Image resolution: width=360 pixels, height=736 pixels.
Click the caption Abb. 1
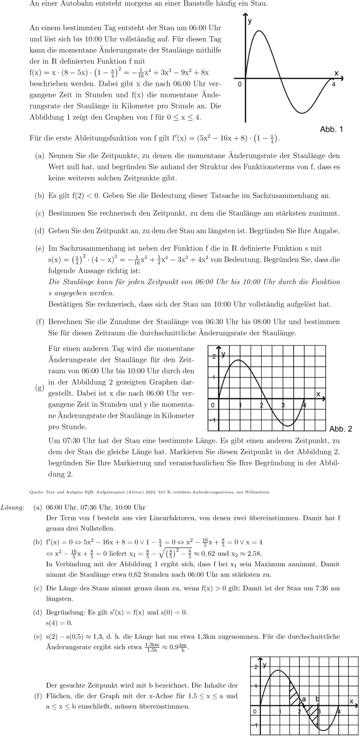point(331,129)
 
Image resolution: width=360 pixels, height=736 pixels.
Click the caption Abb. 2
point(341,429)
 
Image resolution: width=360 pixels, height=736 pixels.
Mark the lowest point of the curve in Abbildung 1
point(302,113)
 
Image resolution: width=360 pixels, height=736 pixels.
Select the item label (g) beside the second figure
point(40,388)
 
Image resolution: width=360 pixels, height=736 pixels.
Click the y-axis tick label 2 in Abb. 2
point(214,356)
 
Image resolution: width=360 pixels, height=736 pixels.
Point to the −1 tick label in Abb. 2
point(213,420)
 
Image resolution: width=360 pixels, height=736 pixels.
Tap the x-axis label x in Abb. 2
point(318,394)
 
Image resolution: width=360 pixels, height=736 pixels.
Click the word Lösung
point(13,507)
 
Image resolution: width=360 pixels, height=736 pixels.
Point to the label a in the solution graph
point(304,699)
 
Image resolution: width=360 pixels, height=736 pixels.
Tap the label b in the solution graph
point(318,699)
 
